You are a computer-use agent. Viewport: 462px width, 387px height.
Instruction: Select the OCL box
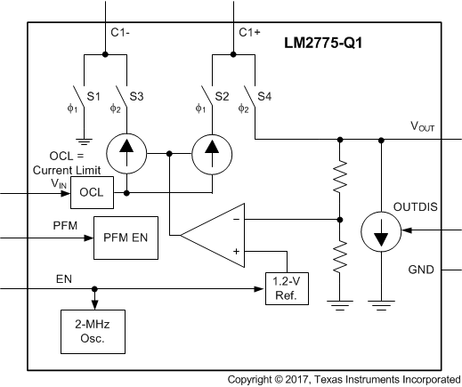(x=90, y=192)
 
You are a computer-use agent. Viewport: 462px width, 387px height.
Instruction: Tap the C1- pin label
(x=121, y=33)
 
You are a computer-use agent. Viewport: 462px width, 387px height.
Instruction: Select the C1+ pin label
(x=250, y=33)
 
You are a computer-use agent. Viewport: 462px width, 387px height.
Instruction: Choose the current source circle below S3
(x=126, y=154)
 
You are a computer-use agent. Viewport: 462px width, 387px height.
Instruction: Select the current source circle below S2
(x=212, y=154)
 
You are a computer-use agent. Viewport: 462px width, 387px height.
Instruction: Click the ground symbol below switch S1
(x=83, y=140)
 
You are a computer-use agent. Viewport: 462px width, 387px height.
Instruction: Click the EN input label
(x=63, y=278)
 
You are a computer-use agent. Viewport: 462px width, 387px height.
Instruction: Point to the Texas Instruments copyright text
(x=343, y=379)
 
